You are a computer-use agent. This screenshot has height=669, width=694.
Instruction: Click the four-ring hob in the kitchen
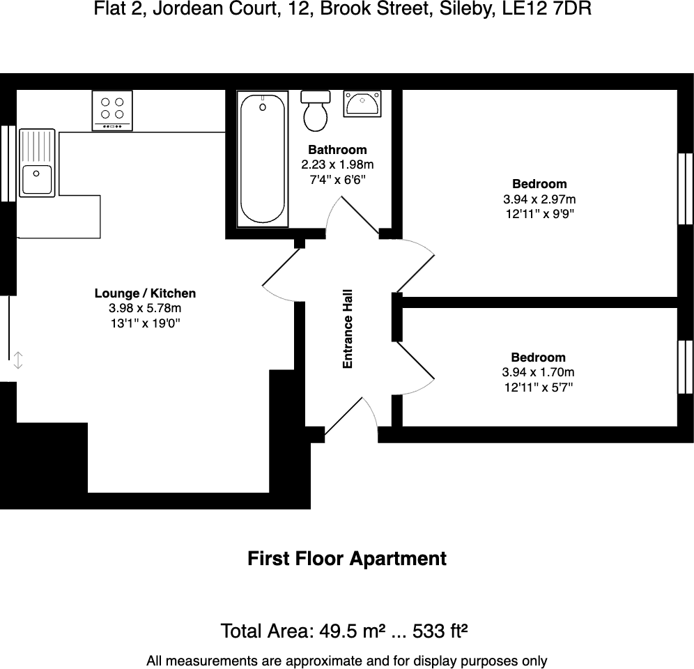[112, 109]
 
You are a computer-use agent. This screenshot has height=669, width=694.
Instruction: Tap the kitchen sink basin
[37, 180]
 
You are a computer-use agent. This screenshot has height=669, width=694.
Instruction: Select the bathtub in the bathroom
[263, 159]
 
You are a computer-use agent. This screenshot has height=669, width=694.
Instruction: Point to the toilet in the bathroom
[316, 111]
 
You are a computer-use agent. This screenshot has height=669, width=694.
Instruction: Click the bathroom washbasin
[362, 104]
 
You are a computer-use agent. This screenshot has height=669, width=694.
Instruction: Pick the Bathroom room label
[337, 150]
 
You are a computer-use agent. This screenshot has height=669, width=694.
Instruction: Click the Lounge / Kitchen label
[145, 293]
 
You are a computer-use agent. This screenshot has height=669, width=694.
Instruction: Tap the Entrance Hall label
[348, 329]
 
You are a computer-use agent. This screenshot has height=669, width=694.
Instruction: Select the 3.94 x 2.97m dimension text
[539, 199]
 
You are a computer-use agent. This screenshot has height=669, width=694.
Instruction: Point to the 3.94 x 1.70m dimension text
[539, 373]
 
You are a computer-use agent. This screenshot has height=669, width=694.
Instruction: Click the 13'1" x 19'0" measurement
[145, 323]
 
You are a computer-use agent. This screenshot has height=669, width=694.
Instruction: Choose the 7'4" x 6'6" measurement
[337, 180]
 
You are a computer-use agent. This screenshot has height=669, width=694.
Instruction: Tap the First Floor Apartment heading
[347, 559]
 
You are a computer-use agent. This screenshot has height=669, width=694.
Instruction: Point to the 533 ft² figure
[440, 632]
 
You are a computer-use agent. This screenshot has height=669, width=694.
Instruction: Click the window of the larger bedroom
[686, 188]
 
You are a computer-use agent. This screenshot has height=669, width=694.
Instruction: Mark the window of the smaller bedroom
[686, 367]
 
